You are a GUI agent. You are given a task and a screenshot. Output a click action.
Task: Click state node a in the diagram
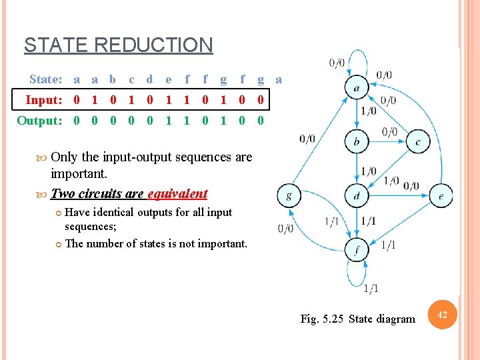click(357, 87)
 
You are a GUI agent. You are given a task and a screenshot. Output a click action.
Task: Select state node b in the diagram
click(357, 141)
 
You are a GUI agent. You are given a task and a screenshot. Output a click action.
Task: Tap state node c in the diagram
click(418, 141)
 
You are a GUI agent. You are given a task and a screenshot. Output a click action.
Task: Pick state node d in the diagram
click(357, 196)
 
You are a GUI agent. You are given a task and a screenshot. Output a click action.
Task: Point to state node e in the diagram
click(441, 196)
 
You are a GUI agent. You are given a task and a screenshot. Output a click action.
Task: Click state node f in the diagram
click(357, 251)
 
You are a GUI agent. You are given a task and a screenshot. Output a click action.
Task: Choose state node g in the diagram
click(289, 196)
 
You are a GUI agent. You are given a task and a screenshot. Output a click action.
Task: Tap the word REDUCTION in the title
click(154, 45)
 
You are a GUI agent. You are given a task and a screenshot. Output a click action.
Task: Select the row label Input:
click(44, 100)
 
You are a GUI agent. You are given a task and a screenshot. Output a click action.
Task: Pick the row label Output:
click(40, 121)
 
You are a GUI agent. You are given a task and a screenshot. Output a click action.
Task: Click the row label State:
click(46, 79)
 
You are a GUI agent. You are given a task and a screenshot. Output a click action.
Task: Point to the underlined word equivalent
click(177, 194)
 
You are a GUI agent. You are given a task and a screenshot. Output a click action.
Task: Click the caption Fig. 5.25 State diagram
click(357, 319)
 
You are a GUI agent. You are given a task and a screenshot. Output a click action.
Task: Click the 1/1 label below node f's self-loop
click(371, 288)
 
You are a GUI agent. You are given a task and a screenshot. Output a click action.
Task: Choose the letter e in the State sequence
click(168, 79)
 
